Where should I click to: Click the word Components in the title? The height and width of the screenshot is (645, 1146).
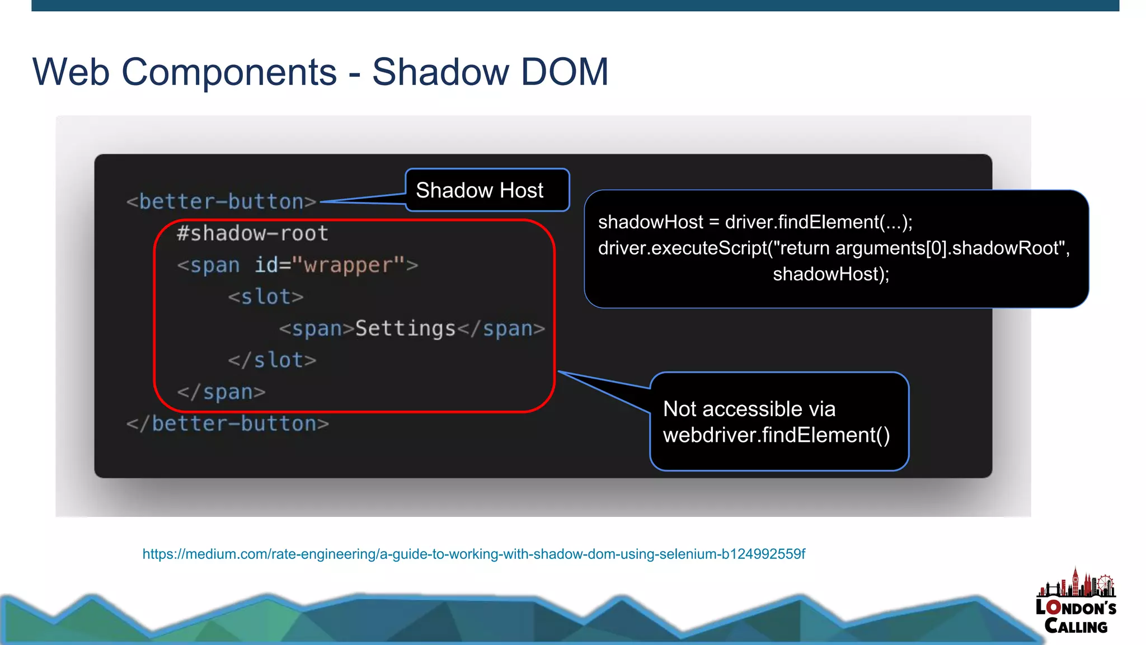click(x=229, y=73)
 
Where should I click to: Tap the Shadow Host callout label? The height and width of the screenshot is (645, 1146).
click(x=480, y=190)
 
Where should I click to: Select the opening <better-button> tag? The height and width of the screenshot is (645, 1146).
click(x=222, y=201)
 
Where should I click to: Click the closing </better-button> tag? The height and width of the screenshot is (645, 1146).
click(x=228, y=423)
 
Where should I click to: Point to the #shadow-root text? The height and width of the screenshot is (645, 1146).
click(x=252, y=233)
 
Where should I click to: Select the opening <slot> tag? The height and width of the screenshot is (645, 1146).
click(x=266, y=296)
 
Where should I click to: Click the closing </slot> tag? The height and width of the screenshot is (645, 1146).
click(x=272, y=360)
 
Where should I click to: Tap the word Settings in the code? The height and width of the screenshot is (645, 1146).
click(x=406, y=328)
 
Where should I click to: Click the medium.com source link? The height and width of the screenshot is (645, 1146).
click(x=473, y=554)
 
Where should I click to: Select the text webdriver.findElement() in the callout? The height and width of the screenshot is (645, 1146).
click(x=776, y=435)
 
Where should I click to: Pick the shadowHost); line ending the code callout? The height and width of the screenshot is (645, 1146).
click(x=831, y=274)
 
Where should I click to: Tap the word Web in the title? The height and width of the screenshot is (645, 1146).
click(x=71, y=72)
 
